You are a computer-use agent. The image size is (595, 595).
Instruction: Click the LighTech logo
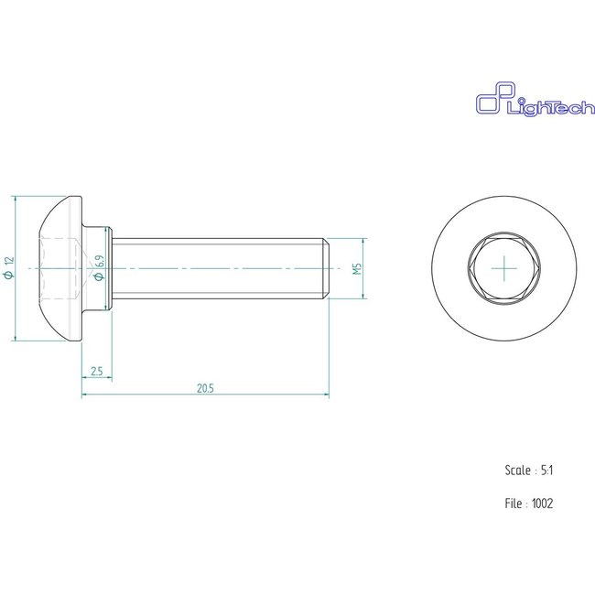[x=535, y=99]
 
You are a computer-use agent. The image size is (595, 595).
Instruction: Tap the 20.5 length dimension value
[x=205, y=388]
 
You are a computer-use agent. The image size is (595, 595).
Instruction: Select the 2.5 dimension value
[x=97, y=371]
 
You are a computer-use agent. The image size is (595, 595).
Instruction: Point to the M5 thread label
[x=357, y=268]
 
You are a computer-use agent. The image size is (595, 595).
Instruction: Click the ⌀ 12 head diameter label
[x=9, y=268]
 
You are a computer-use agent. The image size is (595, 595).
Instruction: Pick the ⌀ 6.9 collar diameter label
[x=99, y=268]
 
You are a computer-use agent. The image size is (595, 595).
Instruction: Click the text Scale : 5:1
[x=529, y=471]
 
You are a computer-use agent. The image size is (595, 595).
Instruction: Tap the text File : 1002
[x=529, y=503]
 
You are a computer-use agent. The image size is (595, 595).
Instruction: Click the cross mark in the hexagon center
[x=504, y=268]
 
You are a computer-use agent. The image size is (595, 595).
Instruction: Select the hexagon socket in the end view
[x=504, y=268]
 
